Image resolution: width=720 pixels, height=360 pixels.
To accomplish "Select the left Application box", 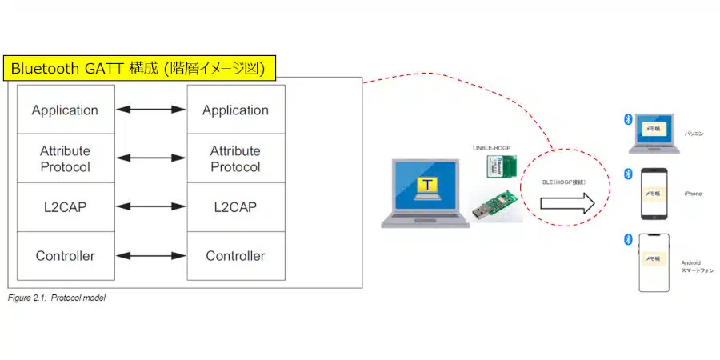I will click(x=65, y=110).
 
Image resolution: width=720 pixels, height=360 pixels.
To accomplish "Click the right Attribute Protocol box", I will click(x=235, y=158).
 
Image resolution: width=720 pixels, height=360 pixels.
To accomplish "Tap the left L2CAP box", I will click(x=65, y=207).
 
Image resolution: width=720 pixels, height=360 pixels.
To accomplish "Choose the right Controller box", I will click(x=235, y=256).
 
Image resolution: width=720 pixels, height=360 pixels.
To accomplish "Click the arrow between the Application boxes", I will click(x=150, y=110).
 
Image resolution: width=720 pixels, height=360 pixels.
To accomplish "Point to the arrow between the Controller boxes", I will click(x=150, y=256).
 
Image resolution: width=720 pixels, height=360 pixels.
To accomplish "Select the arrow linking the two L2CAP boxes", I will click(x=150, y=207).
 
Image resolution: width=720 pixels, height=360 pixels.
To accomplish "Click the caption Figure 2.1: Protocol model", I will click(x=56, y=298).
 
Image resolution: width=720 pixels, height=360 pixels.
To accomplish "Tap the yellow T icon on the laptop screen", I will click(x=430, y=186).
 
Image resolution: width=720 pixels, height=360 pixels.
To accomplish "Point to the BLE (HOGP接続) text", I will click(x=565, y=182).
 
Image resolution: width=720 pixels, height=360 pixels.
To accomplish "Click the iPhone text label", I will click(x=692, y=194).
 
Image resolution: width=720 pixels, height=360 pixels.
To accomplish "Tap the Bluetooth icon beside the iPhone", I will click(x=628, y=174).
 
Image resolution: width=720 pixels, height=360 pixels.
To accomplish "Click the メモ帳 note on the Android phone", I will click(x=653, y=259).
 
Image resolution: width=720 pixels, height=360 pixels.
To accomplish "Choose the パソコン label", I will click(x=694, y=135).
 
